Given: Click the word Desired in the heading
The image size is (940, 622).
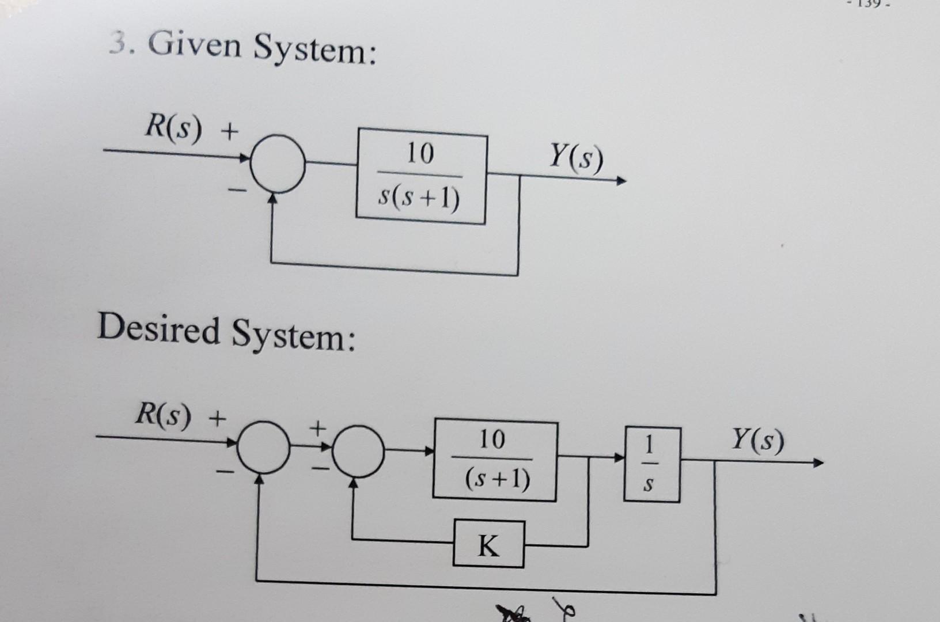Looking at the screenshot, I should (158, 329).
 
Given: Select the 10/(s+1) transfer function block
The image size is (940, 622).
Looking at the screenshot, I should (495, 460).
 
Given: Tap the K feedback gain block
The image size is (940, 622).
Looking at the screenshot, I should (488, 544).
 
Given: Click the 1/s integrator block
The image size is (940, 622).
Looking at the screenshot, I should (651, 464).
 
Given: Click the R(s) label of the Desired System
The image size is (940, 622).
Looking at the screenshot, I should (162, 416).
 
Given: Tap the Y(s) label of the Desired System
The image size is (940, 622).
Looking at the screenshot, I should (757, 441).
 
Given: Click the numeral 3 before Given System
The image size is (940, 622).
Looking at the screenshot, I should (117, 41).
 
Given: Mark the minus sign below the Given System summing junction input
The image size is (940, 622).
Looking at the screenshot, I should (238, 188).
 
